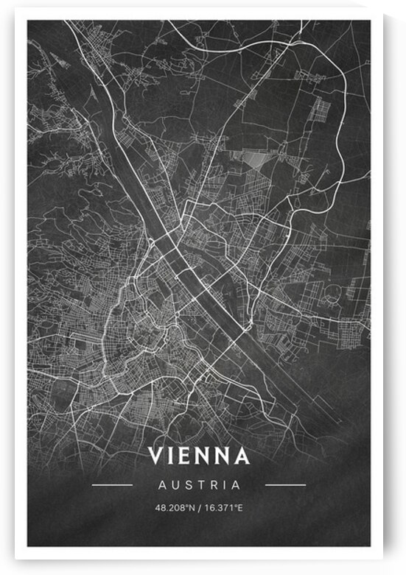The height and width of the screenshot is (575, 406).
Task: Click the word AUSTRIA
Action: tap(199, 485)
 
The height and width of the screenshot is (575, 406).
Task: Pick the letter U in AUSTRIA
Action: tap(173, 485)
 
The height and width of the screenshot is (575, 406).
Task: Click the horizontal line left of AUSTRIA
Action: tap(112, 485)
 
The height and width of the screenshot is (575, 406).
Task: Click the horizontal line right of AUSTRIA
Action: tap(284, 485)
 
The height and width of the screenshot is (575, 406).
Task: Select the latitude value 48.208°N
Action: tap(174, 508)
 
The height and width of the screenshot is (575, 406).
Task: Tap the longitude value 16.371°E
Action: tap(223, 508)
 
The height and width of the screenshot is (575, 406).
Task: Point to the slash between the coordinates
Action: tap(197, 508)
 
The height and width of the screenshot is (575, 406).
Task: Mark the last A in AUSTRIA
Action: tap(236, 485)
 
